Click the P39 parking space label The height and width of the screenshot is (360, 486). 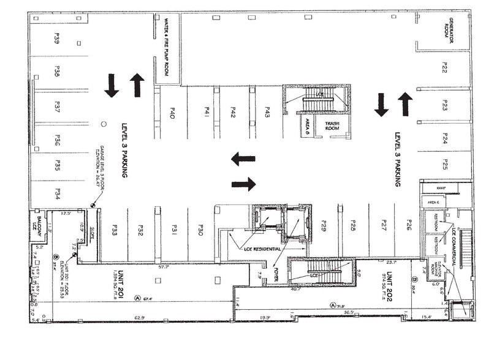tap(56, 40)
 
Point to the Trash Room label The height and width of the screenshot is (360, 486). tap(332, 126)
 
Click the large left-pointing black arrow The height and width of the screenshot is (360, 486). tap(243, 159)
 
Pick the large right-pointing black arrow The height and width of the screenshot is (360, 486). tap(243, 183)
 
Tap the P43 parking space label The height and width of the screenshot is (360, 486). tap(268, 112)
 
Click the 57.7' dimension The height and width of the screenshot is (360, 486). tap(163, 267)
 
